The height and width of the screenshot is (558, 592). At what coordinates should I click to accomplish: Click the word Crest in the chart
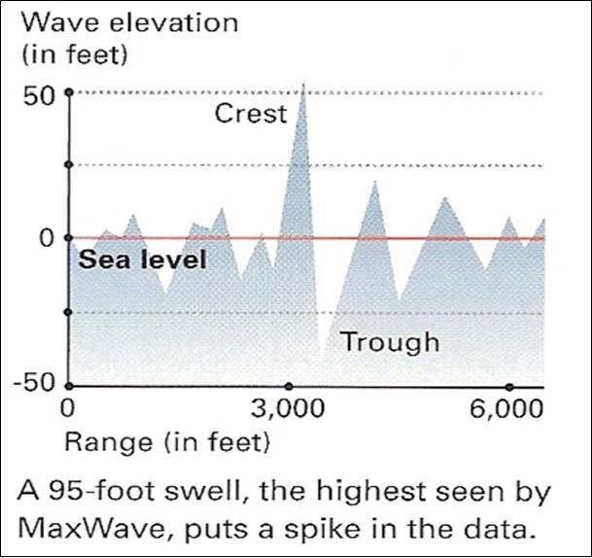(251, 114)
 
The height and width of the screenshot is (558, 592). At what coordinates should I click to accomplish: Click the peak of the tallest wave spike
(303, 83)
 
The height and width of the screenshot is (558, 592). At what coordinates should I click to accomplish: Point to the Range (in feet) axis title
(166, 443)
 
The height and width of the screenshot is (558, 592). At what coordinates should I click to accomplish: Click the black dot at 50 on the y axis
(69, 92)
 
